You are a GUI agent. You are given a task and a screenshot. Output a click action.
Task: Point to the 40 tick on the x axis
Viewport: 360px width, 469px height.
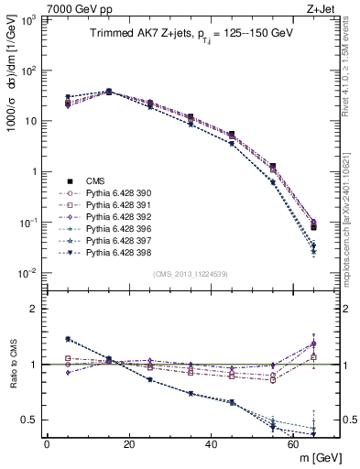point(211,444)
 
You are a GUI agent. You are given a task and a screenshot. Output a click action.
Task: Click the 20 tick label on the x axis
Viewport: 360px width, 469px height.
point(128,444)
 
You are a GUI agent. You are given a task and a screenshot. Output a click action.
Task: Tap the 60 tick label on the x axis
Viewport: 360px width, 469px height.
point(293,444)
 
